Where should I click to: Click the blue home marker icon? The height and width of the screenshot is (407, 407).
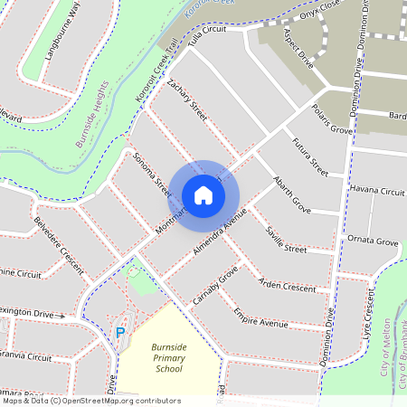pyautogui.click(x=203, y=194)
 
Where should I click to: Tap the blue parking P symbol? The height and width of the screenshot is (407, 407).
pyautogui.click(x=119, y=333)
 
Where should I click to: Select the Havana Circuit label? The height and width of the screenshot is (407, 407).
pyautogui.click(x=377, y=192)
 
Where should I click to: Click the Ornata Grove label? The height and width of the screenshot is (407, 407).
pyautogui.click(x=374, y=242)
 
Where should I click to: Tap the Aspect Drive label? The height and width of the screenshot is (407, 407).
pyautogui.click(x=298, y=47)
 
